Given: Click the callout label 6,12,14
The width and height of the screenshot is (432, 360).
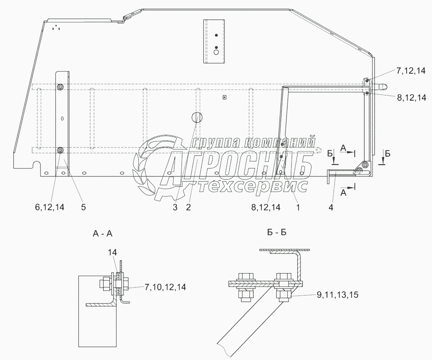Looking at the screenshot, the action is pos(50,207).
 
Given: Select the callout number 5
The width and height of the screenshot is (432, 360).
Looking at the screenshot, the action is pos(84,207).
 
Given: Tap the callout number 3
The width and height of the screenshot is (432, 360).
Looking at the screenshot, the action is pos(175,207).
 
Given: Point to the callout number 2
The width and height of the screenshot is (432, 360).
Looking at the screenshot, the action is pos(188,207).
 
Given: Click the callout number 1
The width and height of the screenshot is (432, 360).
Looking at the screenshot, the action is pos(298,207).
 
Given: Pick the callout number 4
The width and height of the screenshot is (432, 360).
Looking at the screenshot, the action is pos(331,207).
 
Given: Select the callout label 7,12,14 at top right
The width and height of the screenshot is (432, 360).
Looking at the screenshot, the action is pos(411,71).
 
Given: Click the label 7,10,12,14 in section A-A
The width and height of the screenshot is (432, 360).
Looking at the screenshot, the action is pos(165,287).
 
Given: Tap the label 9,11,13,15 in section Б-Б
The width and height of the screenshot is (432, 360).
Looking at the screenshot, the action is pos(338,295).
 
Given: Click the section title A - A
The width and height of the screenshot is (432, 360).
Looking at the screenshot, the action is pos(103,234).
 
